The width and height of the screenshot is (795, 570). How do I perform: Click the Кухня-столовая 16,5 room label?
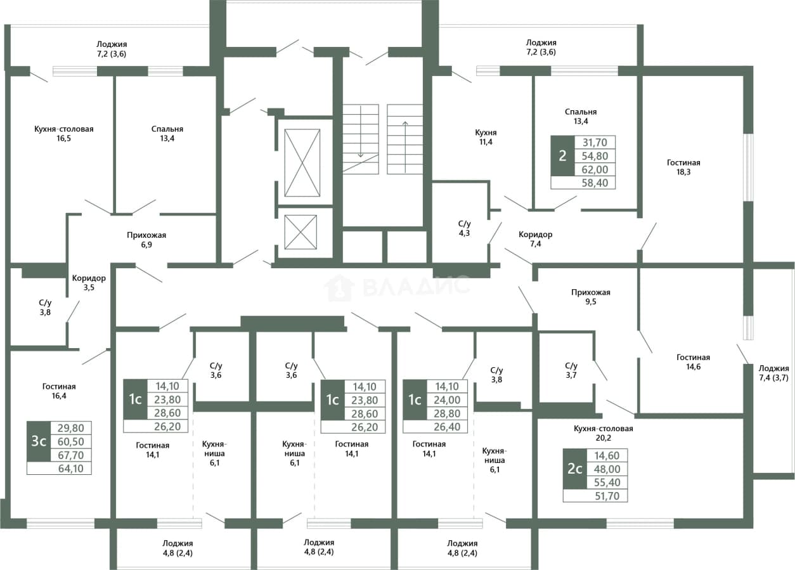(x=64, y=133)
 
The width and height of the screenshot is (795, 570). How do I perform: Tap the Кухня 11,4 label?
(x=486, y=137)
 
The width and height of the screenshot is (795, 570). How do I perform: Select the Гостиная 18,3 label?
(x=683, y=167)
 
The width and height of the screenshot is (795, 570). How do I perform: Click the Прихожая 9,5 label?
(x=591, y=297)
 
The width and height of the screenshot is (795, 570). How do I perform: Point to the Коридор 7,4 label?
(x=535, y=239)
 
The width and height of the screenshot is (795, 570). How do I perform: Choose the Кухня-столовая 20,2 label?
(x=603, y=433)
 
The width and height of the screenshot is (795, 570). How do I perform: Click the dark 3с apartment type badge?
(x=39, y=441)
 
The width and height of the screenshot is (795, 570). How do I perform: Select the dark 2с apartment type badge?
(x=575, y=469)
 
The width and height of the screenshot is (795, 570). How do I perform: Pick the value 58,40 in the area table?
(x=595, y=183)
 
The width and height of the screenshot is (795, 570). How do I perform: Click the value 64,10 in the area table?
(x=71, y=469)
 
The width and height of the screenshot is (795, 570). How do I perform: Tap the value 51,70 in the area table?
(x=607, y=496)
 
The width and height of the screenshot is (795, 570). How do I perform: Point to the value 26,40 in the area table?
(x=447, y=427)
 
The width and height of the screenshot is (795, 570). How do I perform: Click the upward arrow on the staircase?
(x=405, y=147)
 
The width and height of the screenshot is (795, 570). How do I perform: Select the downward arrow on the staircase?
(x=361, y=131)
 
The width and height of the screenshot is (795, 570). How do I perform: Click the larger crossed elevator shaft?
(x=302, y=162)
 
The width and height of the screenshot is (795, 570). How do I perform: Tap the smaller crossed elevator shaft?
(x=301, y=232)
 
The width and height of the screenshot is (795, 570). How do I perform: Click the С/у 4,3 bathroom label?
(x=464, y=228)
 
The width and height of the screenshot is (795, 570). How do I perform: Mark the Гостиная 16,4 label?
(x=59, y=391)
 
